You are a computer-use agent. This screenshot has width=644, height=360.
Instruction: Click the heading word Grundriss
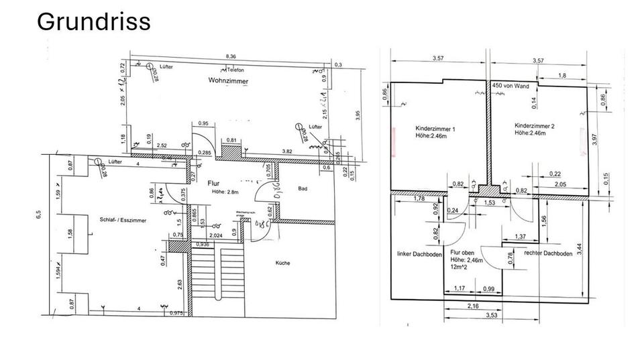[93, 21]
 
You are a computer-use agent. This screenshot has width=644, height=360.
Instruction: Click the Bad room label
[303, 189]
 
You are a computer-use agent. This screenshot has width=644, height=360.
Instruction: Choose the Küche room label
[282, 263]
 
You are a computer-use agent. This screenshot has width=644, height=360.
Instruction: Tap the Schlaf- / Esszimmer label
[123, 219]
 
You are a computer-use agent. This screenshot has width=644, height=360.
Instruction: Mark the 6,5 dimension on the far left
[39, 215]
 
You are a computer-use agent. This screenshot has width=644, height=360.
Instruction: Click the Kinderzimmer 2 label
[535, 126]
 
